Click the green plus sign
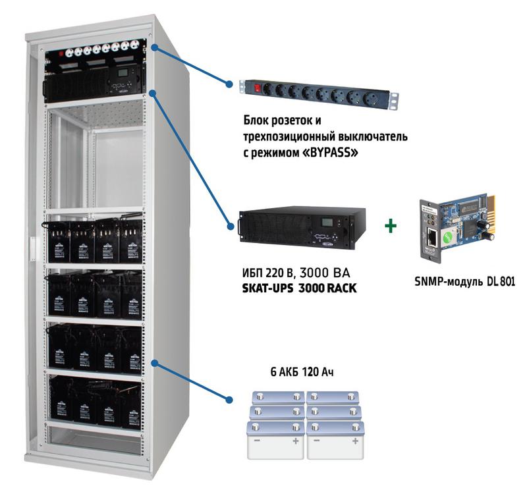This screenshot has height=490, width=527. point(392,226)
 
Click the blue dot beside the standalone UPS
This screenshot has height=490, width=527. point(231,227)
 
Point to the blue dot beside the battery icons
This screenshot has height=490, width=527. point(230,400)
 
